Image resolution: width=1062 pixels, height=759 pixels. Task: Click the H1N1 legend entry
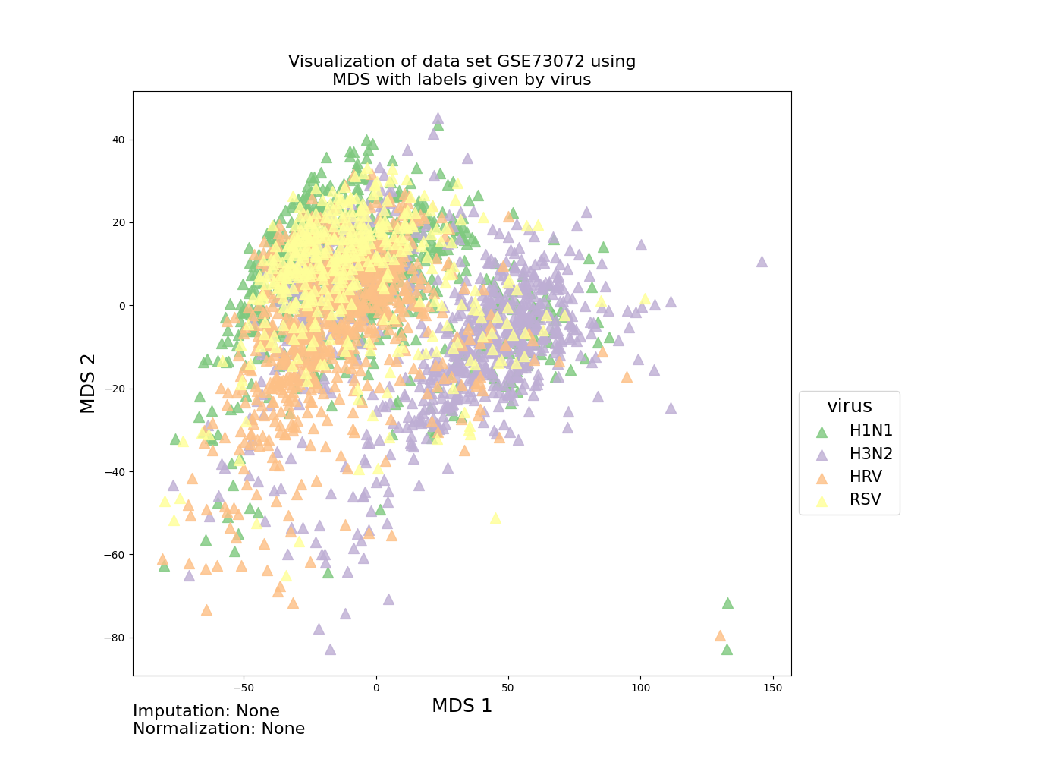coord(854,430)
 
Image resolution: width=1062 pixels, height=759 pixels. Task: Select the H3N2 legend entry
coord(854,454)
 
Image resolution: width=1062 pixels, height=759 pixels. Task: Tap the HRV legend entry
coord(849,477)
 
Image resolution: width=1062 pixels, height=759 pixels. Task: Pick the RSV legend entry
coord(848,499)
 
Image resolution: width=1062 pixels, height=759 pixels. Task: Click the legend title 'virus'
coord(849,406)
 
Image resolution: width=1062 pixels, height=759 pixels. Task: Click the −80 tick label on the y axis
coord(115,638)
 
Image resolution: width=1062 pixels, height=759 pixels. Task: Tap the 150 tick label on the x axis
coord(773,688)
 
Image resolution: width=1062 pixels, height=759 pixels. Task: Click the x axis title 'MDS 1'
coord(462,706)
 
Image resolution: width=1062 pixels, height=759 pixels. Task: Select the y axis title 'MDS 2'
coord(88,383)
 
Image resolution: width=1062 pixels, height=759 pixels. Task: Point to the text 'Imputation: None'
coord(206,710)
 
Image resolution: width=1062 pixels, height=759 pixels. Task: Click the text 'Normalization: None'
coord(218,728)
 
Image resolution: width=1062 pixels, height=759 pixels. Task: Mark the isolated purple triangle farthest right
coord(762,262)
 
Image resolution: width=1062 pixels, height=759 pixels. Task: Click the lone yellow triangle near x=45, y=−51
coord(495,518)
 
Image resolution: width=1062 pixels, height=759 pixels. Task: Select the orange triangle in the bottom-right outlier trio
coord(720,636)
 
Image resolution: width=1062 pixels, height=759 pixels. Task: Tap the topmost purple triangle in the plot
coord(438,118)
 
